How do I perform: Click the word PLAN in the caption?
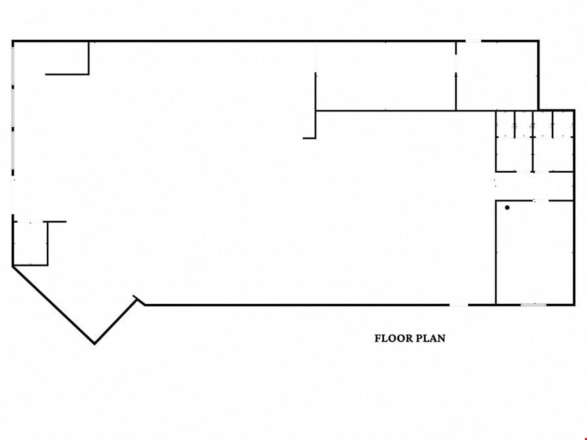(x=431, y=338)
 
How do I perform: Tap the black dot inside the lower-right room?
(x=507, y=208)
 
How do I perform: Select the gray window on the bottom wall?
(x=534, y=305)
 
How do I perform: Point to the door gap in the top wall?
(x=474, y=41)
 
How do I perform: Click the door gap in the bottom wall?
(x=459, y=305)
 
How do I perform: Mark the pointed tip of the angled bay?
(x=95, y=343)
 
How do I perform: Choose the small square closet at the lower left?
(x=30, y=244)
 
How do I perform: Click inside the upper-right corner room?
(x=497, y=76)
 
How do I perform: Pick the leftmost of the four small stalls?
(x=505, y=124)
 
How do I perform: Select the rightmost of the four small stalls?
(x=563, y=124)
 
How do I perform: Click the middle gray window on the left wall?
(x=13, y=108)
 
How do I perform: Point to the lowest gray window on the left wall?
(x=13, y=151)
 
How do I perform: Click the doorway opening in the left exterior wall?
(x=13, y=195)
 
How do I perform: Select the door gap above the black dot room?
(x=541, y=201)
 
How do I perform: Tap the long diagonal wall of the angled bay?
(x=53, y=304)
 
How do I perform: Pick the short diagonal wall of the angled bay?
(x=115, y=321)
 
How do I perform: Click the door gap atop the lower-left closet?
(x=30, y=222)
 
